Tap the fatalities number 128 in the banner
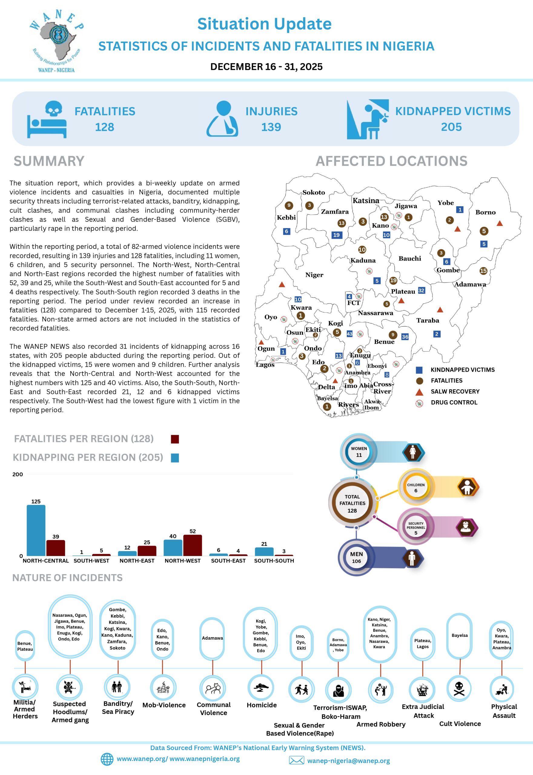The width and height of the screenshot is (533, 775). pos(104,127)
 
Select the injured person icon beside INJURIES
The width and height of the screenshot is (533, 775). pos(222,118)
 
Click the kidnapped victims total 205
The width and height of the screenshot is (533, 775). pos(451,127)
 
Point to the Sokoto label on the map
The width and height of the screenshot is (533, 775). pos(313,192)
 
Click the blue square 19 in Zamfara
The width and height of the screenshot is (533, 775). pos(336,235)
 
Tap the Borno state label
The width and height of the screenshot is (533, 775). pos(485,212)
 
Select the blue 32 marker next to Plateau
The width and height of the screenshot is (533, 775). pos(422,290)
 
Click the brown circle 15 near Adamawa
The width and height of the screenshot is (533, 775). pos(483,271)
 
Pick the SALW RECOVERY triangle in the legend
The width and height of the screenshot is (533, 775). pos(419,392)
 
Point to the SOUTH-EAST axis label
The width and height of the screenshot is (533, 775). pos(228,561)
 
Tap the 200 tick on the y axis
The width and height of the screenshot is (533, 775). pos(18,474)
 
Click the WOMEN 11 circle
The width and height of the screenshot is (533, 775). pos(359,452)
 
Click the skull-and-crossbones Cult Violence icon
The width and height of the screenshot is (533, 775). pos(459,688)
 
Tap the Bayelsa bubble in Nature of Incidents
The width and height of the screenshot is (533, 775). pos(459,636)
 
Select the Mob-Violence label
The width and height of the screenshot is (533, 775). pos(164,705)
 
